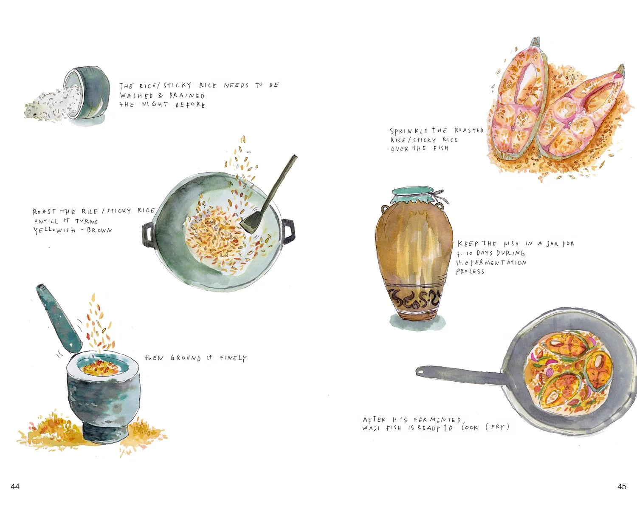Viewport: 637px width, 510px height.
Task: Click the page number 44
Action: coord(15,486)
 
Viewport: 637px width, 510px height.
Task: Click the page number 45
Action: coord(622,486)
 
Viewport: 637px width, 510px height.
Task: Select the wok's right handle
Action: coord(288,231)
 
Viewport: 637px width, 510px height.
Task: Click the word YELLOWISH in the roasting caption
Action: coord(54,230)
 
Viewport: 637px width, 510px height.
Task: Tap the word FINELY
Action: coord(233,358)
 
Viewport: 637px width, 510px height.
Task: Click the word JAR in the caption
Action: coord(552,244)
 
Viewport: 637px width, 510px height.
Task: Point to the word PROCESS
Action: coord(470,272)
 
